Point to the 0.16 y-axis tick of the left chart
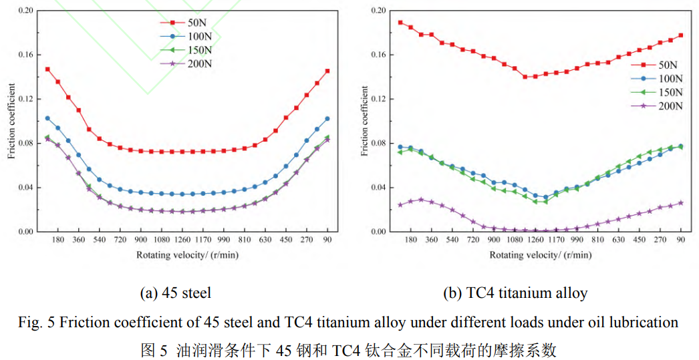(x=25, y=55)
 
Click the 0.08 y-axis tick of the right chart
(x=378, y=143)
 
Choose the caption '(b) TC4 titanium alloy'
(x=515, y=293)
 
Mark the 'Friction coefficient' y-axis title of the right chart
(x=365, y=121)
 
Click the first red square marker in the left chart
(x=47, y=69)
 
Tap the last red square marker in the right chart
(x=681, y=35)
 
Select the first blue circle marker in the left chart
(x=47, y=118)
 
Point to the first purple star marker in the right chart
(x=400, y=205)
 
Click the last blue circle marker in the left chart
(x=327, y=119)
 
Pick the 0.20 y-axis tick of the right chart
(x=378, y=11)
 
